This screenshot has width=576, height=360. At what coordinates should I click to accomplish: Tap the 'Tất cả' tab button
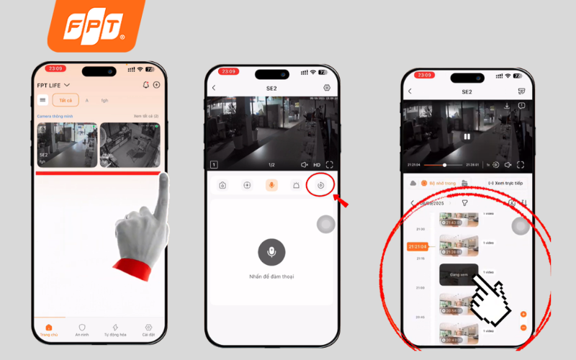tap(65, 100)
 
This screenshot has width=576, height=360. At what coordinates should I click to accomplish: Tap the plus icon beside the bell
tap(156, 85)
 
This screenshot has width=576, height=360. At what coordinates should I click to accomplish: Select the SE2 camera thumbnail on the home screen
tap(66, 144)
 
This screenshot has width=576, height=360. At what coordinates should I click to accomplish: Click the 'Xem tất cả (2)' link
tap(146, 116)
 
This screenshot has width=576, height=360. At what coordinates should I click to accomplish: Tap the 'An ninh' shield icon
tap(82, 330)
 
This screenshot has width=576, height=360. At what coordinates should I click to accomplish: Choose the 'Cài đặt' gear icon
tap(148, 330)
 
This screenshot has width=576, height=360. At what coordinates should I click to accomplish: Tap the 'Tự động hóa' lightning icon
tap(115, 330)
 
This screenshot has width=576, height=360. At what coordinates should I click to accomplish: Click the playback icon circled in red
tap(321, 185)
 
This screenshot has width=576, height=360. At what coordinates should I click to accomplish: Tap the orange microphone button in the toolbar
tap(271, 185)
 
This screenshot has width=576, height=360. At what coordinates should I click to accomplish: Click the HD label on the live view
tap(317, 165)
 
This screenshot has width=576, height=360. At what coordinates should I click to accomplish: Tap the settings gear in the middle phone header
tap(327, 88)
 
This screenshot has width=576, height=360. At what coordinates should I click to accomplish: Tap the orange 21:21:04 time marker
tap(416, 246)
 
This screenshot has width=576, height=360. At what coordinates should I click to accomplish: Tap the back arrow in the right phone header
tap(410, 91)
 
